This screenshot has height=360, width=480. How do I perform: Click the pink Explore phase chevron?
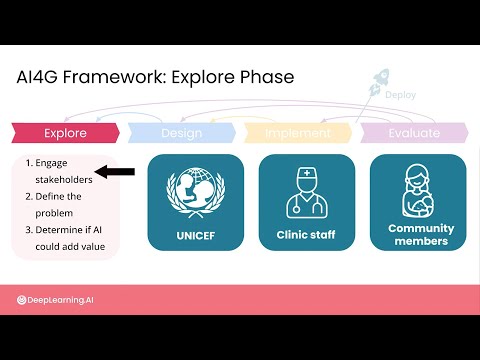(x=65, y=133)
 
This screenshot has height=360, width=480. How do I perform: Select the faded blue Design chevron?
(x=182, y=133)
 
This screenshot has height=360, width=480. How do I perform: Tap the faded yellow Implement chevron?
(x=298, y=133)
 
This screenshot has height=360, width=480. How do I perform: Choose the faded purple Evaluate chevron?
(x=414, y=133)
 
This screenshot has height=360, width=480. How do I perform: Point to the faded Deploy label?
(x=400, y=95)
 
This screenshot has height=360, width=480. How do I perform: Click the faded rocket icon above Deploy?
(x=379, y=81)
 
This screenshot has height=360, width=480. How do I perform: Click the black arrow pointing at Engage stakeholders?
(x=115, y=172)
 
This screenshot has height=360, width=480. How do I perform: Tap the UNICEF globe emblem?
(x=196, y=193)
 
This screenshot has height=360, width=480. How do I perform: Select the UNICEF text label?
(x=196, y=236)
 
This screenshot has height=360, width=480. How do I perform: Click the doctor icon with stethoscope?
(x=307, y=193)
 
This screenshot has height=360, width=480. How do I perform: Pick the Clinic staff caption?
(x=306, y=235)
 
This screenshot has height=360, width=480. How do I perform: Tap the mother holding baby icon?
(x=418, y=192)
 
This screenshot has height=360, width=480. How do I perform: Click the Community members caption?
(x=421, y=235)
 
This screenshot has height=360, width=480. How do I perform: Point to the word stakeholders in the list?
(x=64, y=180)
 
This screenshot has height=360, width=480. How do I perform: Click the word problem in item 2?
(x=54, y=213)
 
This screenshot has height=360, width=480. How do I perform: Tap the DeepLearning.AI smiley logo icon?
(x=21, y=300)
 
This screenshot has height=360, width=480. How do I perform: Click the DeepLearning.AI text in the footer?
(x=60, y=300)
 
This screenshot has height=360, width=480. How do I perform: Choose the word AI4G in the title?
(x=37, y=77)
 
